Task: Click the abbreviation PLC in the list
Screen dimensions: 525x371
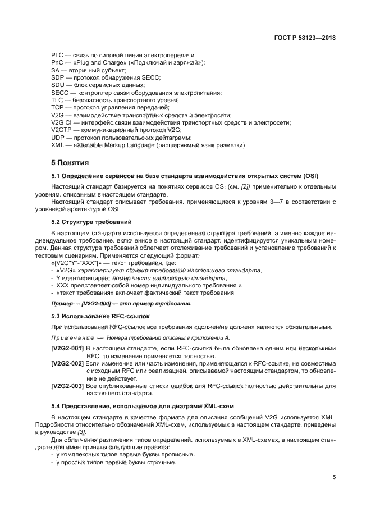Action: click(57, 55)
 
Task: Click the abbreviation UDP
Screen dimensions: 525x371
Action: click(57, 137)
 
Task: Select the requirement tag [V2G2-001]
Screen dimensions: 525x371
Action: click(67, 348)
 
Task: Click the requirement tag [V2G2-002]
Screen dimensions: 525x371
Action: click(67, 363)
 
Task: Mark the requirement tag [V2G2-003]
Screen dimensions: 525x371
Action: click(67, 386)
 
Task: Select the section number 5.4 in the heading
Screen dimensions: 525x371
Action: click(57, 405)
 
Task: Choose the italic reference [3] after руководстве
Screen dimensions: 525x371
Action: click(97, 432)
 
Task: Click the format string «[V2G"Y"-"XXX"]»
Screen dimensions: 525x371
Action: click(75, 263)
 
